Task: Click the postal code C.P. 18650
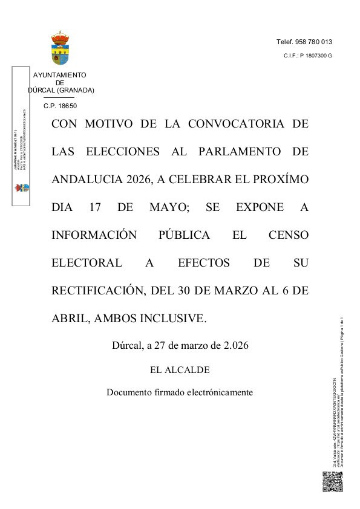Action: (x=61, y=106)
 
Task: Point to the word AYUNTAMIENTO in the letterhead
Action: (x=60, y=76)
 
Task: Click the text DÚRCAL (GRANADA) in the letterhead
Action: (x=61, y=90)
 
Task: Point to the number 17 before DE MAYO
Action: (x=94, y=207)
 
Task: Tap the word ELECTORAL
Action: (x=86, y=262)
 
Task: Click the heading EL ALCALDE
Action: (x=180, y=369)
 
